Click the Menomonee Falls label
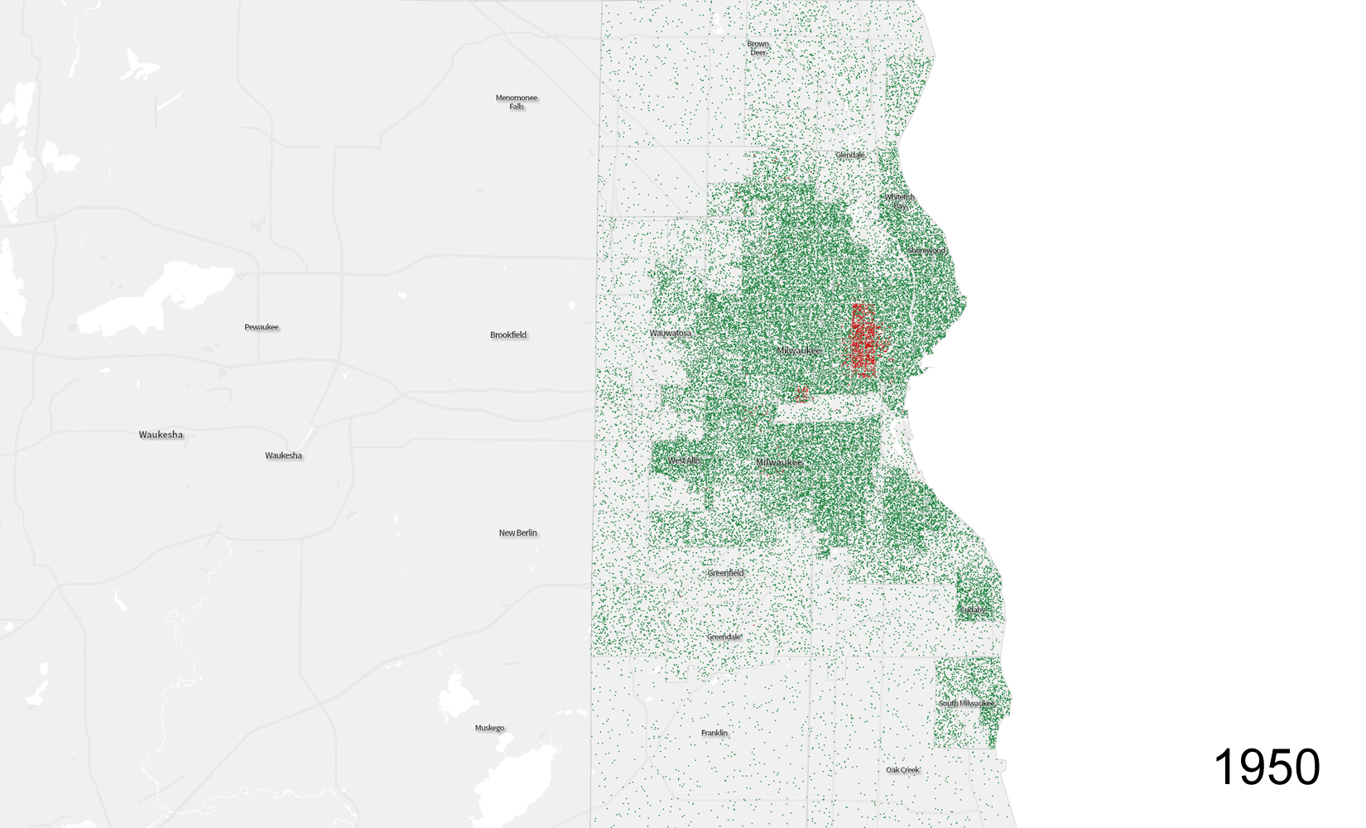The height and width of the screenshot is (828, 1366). [517, 102]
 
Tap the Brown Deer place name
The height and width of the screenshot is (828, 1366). [758, 48]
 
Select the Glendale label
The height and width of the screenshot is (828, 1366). [849, 155]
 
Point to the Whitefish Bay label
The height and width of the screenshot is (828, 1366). [900, 200]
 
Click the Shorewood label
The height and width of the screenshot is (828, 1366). [926, 250]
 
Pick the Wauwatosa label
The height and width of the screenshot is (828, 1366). [670, 333]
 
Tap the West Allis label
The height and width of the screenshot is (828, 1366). [684, 460]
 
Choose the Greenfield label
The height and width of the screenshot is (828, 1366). [725, 572]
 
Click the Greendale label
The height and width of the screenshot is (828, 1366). [724, 636]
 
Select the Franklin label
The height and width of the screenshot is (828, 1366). [714, 733]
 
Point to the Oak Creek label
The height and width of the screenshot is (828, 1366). [902, 770]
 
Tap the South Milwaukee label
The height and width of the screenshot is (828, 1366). [965, 703]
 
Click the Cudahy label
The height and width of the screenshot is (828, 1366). [973, 610]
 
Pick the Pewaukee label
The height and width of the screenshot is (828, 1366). [262, 327]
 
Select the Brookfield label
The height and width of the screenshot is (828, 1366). [508, 335]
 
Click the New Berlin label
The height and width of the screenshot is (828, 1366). [517, 532]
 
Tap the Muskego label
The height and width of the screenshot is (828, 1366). [489, 728]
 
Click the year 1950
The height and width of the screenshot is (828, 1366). [1267, 767]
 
